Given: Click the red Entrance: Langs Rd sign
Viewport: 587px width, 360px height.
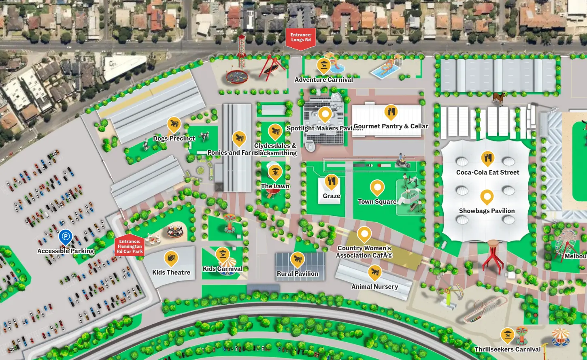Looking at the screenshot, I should (x=300, y=38).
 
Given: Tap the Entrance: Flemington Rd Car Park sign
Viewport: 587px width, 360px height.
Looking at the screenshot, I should (x=130, y=246).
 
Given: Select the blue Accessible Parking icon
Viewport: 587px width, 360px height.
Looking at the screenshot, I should (x=65, y=236).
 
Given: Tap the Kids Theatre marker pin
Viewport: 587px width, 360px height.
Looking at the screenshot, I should (x=171, y=258).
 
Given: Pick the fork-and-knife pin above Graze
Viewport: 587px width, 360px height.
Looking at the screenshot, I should (x=331, y=182).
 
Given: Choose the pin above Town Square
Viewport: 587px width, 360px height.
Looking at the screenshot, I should (x=377, y=187).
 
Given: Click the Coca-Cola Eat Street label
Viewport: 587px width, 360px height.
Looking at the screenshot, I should (x=487, y=172).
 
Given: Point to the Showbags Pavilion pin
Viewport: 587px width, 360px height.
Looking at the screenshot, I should (x=487, y=197).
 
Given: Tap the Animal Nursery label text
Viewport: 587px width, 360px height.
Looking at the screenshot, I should (x=374, y=287).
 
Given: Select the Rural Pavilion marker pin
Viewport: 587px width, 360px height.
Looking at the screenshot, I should (x=298, y=259).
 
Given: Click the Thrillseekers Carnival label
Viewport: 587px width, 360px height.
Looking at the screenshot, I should (x=507, y=349).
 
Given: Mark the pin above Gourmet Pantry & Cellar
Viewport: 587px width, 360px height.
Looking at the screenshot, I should (x=391, y=112).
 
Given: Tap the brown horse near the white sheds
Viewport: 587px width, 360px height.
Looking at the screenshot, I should (x=499, y=98).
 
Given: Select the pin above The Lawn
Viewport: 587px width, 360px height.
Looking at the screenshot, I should (x=275, y=172).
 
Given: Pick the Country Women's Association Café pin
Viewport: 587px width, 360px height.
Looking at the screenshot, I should (x=364, y=234).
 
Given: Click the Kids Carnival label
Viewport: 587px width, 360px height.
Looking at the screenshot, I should (x=223, y=268).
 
